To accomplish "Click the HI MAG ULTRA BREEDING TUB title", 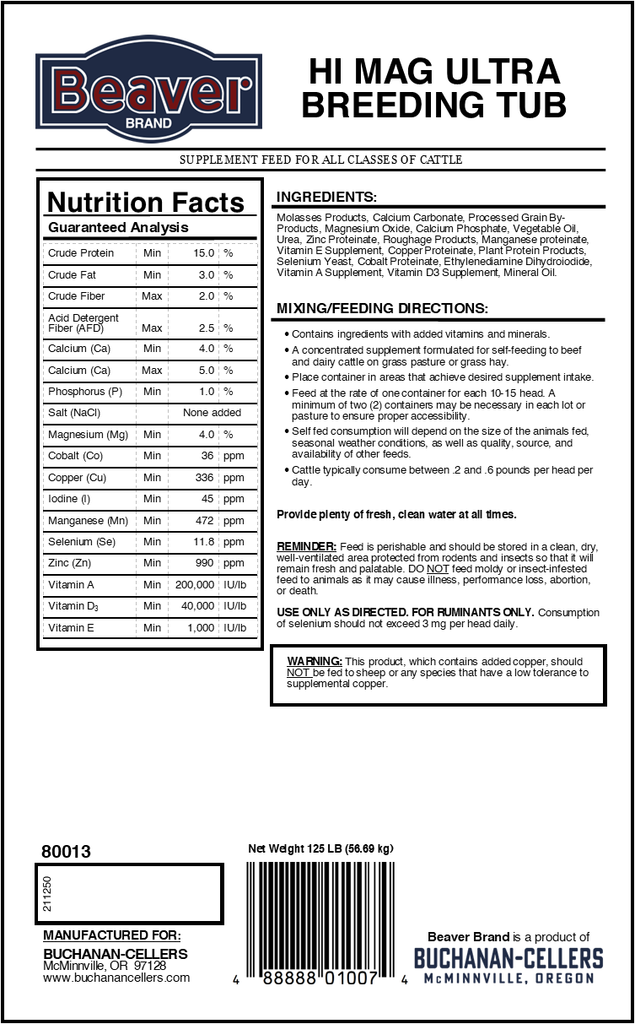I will pyautogui.click(x=433, y=89).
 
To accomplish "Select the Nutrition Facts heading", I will pyautogui.click(x=146, y=203).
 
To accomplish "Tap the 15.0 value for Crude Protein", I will pyautogui.click(x=204, y=253).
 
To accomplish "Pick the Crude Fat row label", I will pyautogui.click(x=73, y=275).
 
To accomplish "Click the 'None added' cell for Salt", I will pyautogui.click(x=212, y=413).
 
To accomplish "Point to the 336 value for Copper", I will pyautogui.click(x=205, y=478).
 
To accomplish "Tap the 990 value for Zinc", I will pyautogui.click(x=205, y=563).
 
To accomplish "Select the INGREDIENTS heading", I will pyautogui.click(x=326, y=197).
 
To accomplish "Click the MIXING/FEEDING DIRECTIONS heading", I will pyautogui.click(x=382, y=309).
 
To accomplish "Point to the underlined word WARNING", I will pyautogui.click(x=315, y=661).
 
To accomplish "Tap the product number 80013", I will pyautogui.click(x=66, y=852).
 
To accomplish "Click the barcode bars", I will pyautogui.click(x=323, y=912).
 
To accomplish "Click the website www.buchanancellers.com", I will pyautogui.click(x=116, y=978).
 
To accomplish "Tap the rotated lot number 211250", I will pyautogui.click(x=47, y=894).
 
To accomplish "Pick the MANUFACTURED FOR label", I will pyautogui.click(x=111, y=935).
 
